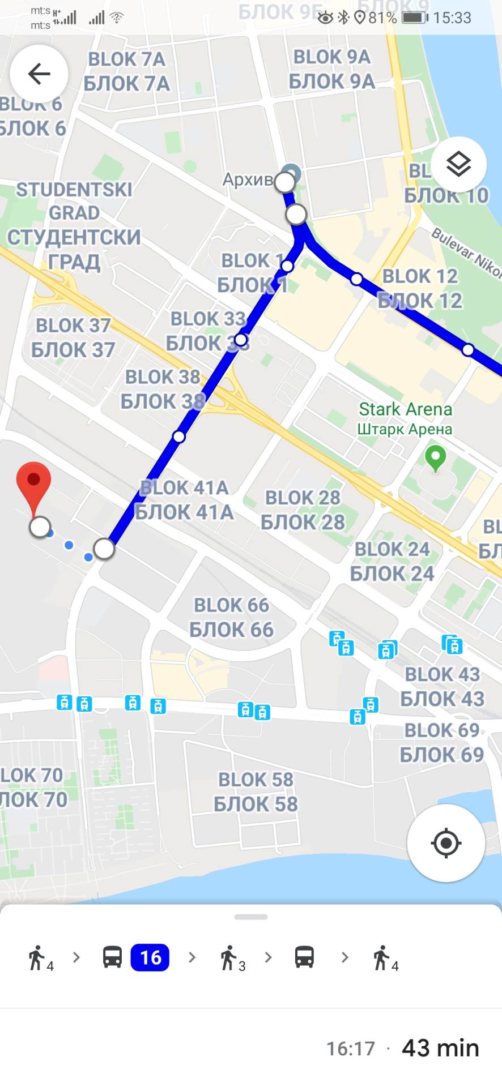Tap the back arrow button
(39, 74)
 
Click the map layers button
(458, 165)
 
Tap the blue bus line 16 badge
(150, 957)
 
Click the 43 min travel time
(440, 1048)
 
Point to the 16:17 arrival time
(351, 1049)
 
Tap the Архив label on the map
(248, 179)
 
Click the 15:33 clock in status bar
(452, 18)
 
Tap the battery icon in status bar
(415, 18)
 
